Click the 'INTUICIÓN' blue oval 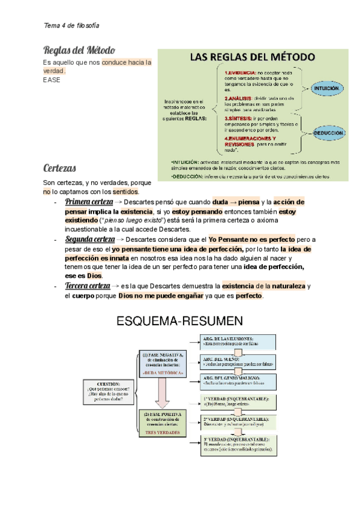(x=326, y=88)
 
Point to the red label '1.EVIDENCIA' (x=239, y=73)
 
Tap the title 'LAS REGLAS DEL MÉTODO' (x=253, y=58)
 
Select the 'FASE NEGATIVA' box (x=164, y=364)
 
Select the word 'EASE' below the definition (x=52, y=80)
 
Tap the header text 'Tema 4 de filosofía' (x=72, y=26)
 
